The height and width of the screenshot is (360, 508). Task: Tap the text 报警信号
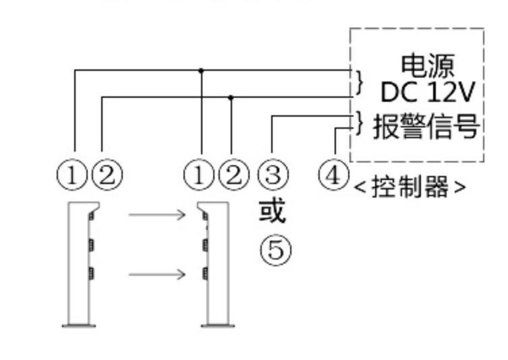(426, 126)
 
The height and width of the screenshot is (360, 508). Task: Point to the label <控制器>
(410, 187)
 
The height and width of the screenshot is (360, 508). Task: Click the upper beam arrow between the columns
(157, 214)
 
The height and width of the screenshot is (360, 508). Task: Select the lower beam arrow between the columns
(157, 274)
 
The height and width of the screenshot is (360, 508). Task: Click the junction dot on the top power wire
(201, 69)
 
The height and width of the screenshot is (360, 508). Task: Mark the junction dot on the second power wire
(231, 97)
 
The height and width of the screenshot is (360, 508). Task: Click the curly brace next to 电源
(360, 82)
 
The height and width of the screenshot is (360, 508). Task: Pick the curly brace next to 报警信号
(360, 123)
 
